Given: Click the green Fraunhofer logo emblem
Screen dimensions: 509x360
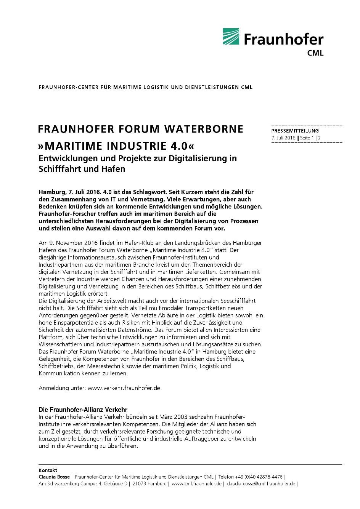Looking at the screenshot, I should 231,37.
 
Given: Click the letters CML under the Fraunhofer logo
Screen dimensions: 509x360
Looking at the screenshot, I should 315,53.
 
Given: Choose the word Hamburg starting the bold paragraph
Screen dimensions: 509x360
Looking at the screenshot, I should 51,192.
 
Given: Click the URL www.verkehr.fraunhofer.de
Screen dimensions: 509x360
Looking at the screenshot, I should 124,388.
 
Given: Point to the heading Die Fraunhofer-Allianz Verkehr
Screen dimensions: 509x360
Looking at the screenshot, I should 83,410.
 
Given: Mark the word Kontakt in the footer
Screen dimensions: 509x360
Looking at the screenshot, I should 48,470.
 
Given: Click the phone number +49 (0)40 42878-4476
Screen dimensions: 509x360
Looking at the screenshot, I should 259,477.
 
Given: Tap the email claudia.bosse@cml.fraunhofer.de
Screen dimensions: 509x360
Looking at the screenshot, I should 261,483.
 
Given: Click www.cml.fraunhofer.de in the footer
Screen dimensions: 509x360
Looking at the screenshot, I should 196,483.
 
